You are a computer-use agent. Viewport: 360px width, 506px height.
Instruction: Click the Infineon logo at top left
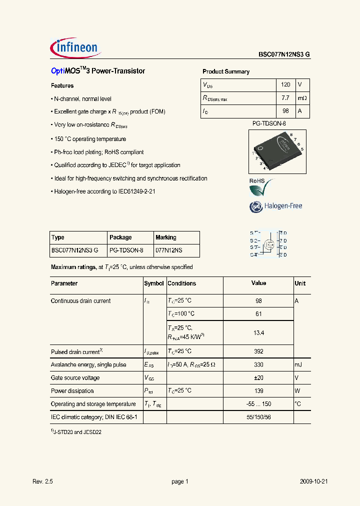(75, 47)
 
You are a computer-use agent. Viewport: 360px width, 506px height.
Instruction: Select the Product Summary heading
(225, 71)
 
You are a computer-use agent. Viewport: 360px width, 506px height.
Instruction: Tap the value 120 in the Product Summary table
(285, 85)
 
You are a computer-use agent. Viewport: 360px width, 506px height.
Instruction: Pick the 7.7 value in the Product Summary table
(285, 98)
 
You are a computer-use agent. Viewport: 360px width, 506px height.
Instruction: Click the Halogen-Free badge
(276, 206)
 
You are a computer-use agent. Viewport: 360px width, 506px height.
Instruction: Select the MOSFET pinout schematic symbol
(268, 244)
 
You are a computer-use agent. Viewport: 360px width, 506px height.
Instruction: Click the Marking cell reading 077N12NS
(169, 250)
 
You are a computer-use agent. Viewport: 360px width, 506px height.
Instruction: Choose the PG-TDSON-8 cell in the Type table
(126, 250)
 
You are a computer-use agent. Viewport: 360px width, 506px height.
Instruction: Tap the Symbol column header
(154, 283)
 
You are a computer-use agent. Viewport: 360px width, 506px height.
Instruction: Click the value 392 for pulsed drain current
(258, 351)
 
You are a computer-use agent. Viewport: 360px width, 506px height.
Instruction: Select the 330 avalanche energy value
(258, 365)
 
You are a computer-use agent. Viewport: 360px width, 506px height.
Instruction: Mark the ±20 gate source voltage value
(258, 378)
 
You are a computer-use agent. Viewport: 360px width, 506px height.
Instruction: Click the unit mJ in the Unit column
(299, 365)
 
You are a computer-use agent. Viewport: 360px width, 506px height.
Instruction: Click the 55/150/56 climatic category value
(258, 416)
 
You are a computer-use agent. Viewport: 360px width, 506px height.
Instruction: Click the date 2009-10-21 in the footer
(313, 481)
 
